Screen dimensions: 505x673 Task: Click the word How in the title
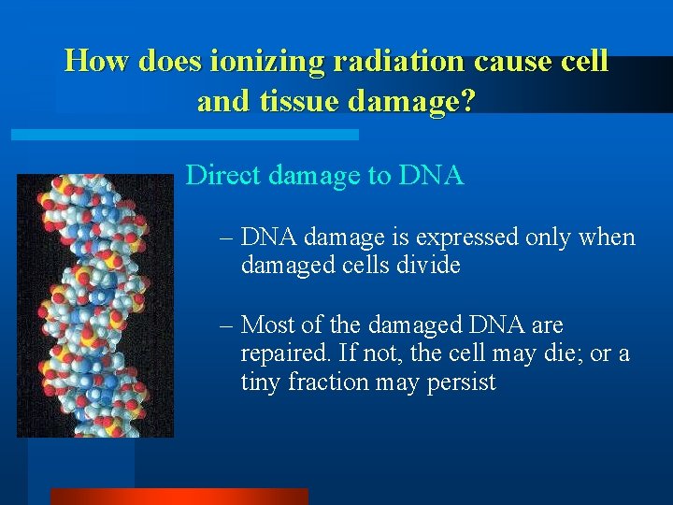97,62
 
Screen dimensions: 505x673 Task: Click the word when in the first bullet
608,238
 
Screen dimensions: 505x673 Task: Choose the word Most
269,325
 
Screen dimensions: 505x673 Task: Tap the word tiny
261,382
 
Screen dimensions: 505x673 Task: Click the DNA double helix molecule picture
95,306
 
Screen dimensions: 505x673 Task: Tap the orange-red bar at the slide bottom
179,496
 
